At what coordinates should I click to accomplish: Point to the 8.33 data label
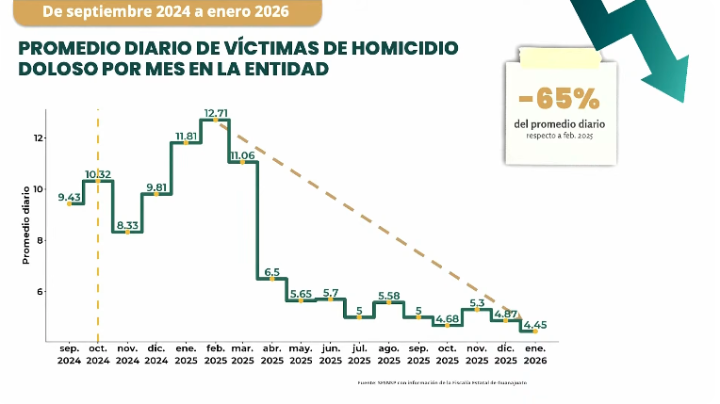(127, 224)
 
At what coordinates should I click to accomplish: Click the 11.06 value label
(242, 155)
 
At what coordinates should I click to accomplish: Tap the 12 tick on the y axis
(39, 138)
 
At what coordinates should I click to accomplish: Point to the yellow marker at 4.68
(447, 325)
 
